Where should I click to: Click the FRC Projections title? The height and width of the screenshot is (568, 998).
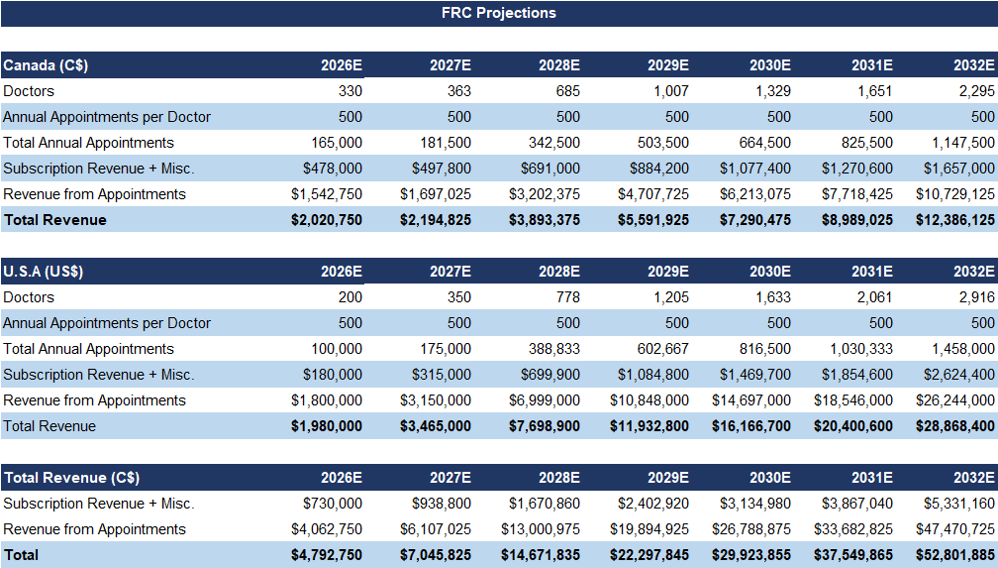498,13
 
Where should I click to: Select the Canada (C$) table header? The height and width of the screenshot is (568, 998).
46,65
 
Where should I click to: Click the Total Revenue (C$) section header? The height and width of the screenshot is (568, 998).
69,478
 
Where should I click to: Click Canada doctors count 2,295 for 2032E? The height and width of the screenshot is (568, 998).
975,91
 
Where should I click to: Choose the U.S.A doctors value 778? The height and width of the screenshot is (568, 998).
567,297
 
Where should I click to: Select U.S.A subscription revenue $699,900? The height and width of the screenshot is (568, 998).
549,375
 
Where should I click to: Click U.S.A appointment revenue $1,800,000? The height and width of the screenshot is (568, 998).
326,400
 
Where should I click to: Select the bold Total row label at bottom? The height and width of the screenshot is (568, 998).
23,555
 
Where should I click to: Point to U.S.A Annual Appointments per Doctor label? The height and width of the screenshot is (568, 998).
107,323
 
